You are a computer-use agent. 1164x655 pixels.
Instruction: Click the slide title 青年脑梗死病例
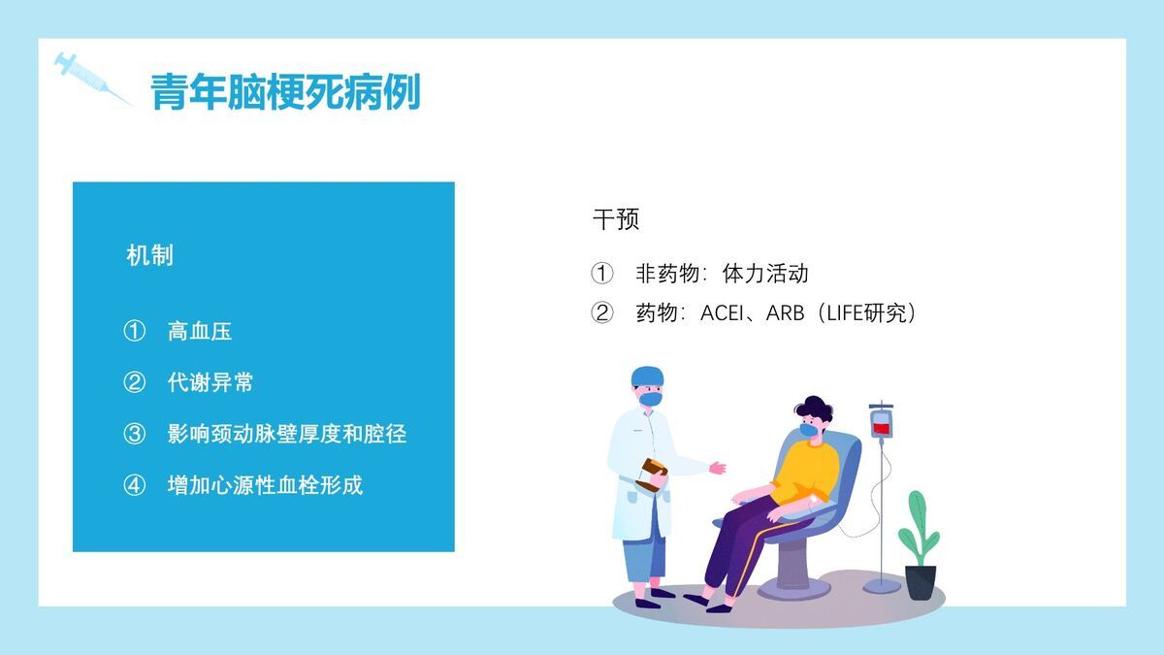(x=285, y=93)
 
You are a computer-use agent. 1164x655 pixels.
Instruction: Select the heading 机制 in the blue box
(x=150, y=255)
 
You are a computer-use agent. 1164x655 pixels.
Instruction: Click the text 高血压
(x=200, y=331)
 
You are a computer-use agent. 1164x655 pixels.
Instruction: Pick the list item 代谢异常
(x=210, y=382)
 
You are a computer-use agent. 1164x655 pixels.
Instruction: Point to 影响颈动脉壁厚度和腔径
(x=286, y=434)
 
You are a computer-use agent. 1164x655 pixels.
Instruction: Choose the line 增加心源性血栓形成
(x=265, y=485)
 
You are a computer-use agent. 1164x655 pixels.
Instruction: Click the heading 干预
(x=616, y=219)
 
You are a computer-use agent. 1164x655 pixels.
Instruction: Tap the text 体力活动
(x=765, y=274)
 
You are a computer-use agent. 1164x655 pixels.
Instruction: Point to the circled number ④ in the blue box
(x=134, y=485)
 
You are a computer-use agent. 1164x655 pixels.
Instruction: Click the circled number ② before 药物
(x=602, y=313)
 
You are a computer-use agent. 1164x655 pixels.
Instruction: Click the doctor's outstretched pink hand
(x=718, y=468)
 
